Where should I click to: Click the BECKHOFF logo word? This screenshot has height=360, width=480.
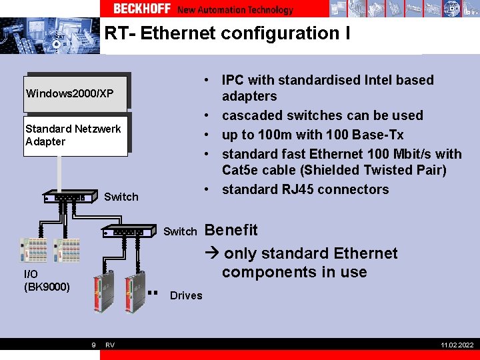(141, 9)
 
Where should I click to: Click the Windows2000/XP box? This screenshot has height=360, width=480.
(75, 93)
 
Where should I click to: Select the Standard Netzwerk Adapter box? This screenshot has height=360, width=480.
(75, 135)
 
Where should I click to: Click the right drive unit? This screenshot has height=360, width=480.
(137, 291)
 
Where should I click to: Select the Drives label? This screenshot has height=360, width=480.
(186, 295)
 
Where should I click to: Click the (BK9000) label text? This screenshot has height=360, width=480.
(47, 287)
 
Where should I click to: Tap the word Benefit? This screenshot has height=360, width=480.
(231, 230)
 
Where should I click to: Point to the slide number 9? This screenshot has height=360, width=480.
(93, 345)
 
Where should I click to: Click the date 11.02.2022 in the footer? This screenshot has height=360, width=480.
(457, 345)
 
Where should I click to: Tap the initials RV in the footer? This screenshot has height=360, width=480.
(110, 345)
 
